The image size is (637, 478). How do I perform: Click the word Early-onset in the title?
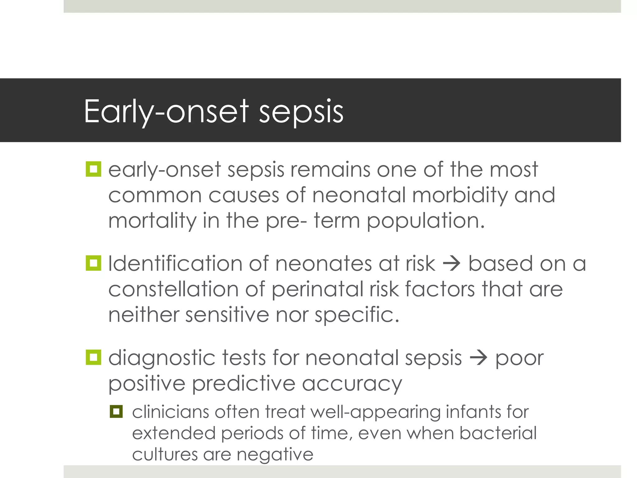tap(166, 111)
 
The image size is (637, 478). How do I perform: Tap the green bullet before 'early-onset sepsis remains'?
tap(93, 169)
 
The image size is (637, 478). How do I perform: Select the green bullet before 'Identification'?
tap(93, 263)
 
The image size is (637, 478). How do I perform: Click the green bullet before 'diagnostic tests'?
tap(93, 357)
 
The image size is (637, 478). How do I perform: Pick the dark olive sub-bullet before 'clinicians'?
tap(116, 411)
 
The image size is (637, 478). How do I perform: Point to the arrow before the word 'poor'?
tap(478, 358)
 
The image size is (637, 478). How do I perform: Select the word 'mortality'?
tap(152, 221)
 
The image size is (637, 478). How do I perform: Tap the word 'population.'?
tap(425, 221)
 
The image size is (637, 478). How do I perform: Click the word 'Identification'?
tap(175, 264)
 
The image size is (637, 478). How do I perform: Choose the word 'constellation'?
tap(173, 289)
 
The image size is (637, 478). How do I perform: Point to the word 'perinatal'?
tap(317, 289)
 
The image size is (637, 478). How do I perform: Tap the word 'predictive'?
tap(244, 383)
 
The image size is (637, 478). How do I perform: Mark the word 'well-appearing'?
tap(375, 412)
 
